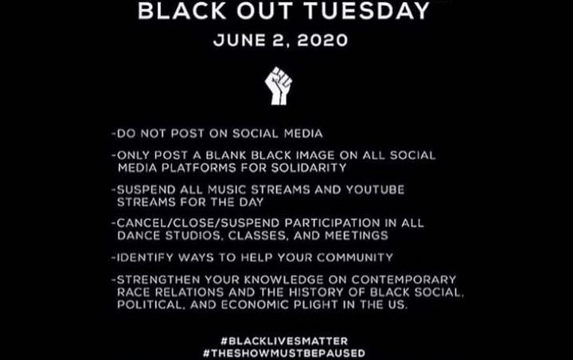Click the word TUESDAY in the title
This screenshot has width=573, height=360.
click(x=367, y=11)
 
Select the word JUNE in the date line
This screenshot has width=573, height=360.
click(x=240, y=40)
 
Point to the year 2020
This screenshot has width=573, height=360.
click(x=322, y=40)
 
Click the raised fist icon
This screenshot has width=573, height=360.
click(x=279, y=85)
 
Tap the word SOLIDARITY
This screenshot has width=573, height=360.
click(x=309, y=167)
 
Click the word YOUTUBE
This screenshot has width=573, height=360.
click(x=375, y=190)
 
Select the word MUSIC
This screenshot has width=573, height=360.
click(x=227, y=190)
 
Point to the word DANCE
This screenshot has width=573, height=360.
click(x=138, y=235)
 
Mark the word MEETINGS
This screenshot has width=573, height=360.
click(x=357, y=235)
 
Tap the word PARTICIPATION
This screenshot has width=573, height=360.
click(x=332, y=223)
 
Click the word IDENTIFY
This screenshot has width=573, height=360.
click(x=145, y=257)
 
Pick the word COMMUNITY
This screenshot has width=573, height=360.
click(x=355, y=257)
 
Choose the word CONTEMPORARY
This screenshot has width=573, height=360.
click(x=403, y=280)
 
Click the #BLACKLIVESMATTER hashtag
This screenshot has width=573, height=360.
click(x=284, y=341)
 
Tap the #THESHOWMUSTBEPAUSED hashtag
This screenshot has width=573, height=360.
click(x=284, y=353)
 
